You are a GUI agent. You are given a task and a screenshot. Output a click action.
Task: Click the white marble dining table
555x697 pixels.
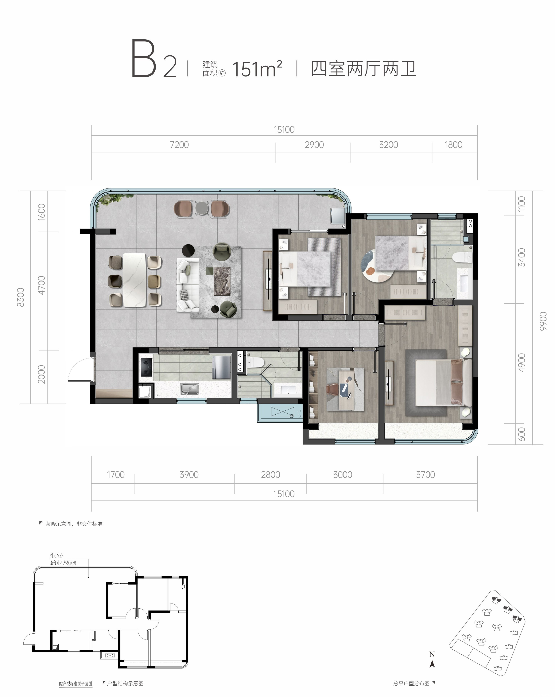pyautogui.click(x=135, y=280)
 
